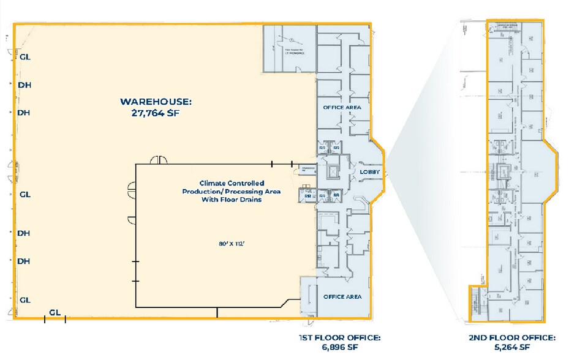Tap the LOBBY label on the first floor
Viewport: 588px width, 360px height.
click(x=369, y=172)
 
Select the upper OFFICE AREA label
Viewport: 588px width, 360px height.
click(x=342, y=107)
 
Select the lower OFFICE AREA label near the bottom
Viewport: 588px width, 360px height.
click(x=342, y=297)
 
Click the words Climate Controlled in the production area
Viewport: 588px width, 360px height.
click(x=231, y=183)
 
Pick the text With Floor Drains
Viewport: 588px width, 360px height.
click(x=231, y=200)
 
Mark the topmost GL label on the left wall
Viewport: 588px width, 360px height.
click(x=25, y=57)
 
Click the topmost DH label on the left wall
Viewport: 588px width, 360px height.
click(x=24, y=85)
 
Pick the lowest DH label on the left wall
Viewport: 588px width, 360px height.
click(x=24, y=261)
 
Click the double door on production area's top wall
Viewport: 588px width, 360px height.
click(x=160, y=160)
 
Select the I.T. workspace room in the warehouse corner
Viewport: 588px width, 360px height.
click(x=288, y=49)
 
